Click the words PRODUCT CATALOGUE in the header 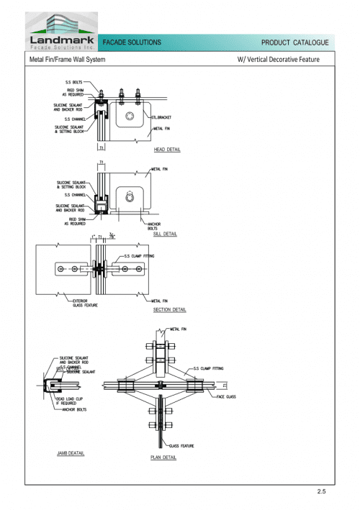pyautogui.click(x=295, y=43)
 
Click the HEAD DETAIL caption pyautogui.click(x=167, y=150)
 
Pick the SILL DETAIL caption pyautogui.click(x=165, y=234)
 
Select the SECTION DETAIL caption pyautogui.click(x=170, y=310)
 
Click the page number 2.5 pyautogui.click(x=321, y=491)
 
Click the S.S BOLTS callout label pyautogui.click(x=73, y=83)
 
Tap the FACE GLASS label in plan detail pyautogui.click(x=227, y=396)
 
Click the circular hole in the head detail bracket pyautogui.click(x=130, y=117)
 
